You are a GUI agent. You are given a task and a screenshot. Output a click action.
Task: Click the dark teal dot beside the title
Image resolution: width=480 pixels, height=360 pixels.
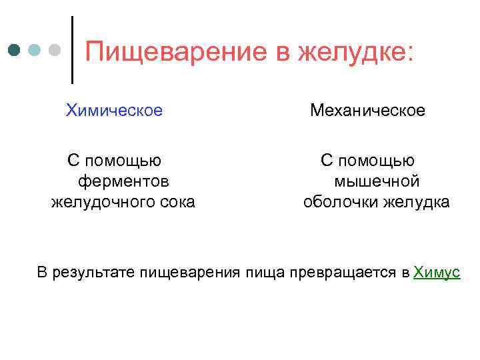point(15,51)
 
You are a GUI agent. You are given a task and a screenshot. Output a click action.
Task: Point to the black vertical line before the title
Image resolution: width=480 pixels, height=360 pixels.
point(72,50)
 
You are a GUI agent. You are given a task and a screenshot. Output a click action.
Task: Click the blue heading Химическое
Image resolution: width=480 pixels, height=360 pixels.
point(114,110)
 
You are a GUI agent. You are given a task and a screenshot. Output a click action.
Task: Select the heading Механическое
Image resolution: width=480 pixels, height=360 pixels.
point(367,110)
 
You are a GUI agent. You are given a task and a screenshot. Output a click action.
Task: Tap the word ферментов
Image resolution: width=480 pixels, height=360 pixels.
point(123,181)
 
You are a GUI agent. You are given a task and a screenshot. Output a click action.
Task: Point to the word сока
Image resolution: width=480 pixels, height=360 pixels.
point(175,202)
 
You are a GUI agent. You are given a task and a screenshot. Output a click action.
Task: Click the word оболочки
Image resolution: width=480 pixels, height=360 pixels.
point(339,202)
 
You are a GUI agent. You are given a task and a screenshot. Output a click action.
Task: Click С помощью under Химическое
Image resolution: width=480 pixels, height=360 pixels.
point(114,161)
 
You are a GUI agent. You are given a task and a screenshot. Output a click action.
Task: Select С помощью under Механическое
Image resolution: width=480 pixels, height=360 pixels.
point(367,161)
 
